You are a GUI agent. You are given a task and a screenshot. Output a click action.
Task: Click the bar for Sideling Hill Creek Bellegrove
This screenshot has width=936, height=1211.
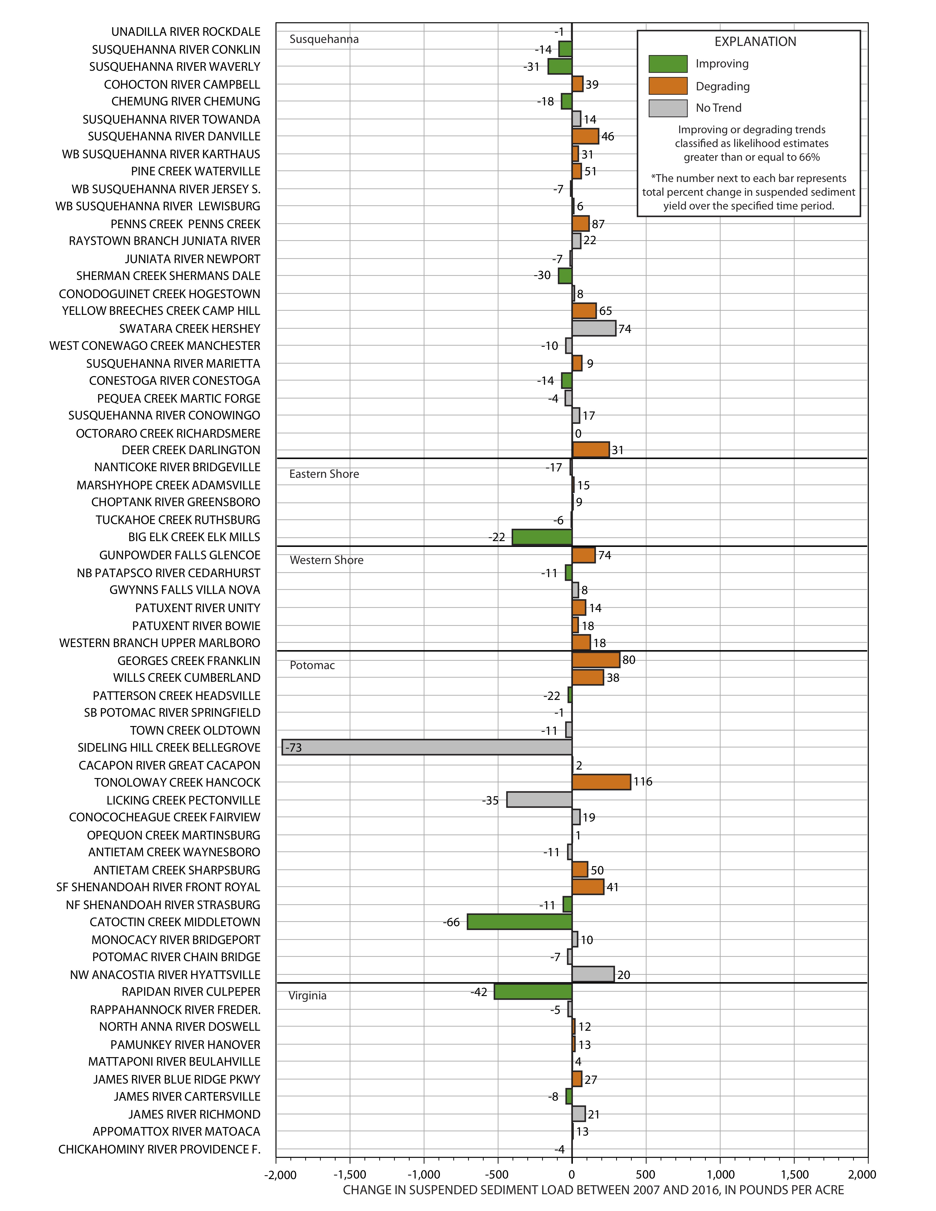point(427,747)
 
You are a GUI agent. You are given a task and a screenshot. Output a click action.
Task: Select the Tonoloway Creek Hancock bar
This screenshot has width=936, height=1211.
point(601,782)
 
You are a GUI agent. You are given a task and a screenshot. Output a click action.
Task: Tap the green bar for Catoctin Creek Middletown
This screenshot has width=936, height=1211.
point(519,921)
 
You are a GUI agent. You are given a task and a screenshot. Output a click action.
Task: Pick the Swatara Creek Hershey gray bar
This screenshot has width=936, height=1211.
point(594,328)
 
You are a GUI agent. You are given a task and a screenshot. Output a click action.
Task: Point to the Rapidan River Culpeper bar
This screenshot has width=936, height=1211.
point(533,991)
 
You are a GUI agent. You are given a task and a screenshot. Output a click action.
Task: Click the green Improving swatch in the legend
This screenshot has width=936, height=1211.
point(668,64)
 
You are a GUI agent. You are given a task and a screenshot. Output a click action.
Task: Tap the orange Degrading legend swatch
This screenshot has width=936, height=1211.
point(668,86)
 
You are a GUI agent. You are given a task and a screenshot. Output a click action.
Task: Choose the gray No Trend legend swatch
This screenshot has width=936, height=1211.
point(668,108)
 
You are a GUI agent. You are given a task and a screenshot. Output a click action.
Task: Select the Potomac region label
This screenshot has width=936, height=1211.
point(312,665)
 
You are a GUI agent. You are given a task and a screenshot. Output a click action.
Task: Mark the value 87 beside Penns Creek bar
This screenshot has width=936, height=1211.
point(598,224)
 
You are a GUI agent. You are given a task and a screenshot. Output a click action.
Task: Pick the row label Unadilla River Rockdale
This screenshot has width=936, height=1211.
point(186,32)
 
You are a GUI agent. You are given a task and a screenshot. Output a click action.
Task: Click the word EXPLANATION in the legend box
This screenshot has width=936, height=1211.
point(755,42)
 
